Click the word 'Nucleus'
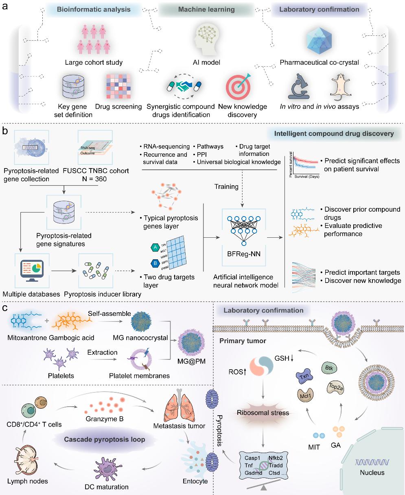coord(372,472)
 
